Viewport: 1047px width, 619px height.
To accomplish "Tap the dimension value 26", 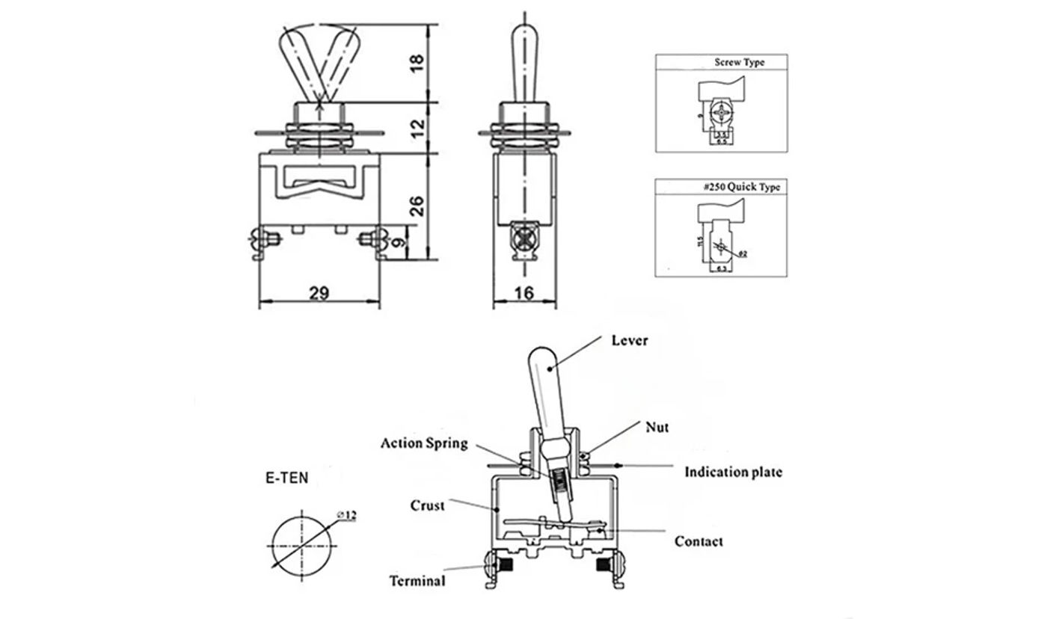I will (418, 206).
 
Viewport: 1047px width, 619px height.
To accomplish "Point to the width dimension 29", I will (319, 292).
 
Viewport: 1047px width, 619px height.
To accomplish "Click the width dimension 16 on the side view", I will (525, 292).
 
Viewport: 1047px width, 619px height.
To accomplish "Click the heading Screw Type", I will (739, 62).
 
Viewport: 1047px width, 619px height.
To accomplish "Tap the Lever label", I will (630, 340).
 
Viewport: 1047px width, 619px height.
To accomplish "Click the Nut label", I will (657, 428).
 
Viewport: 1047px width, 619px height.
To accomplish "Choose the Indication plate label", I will (733, 472).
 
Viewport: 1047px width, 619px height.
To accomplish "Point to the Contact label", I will (698, 541).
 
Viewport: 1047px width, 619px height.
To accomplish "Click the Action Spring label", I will (424, 443).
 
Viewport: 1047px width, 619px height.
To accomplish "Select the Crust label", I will (427, 505).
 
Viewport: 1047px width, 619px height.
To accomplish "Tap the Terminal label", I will (417, 581).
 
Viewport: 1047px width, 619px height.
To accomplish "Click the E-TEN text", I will (286, 478).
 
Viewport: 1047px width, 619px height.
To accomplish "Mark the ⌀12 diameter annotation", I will (347, 515).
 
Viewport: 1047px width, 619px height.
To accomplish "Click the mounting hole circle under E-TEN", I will (301, 543).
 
